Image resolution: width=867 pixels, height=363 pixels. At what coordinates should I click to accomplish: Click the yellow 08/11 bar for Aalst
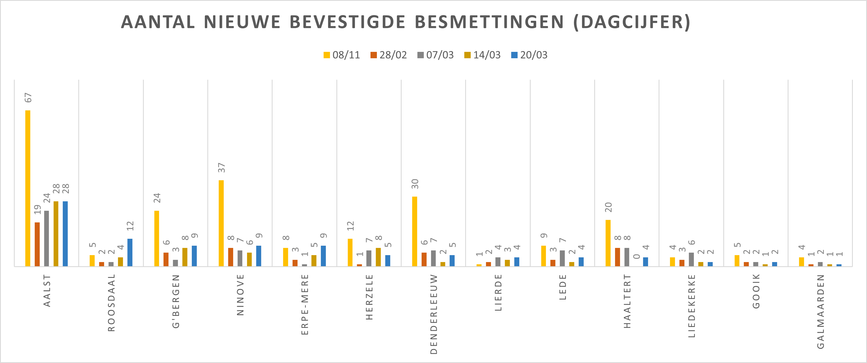tap(27, 188)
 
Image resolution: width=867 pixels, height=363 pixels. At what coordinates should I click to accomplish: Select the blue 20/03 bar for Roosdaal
tap(130, 252)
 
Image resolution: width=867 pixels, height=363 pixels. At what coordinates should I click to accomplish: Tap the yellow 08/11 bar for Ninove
tap(221, 223)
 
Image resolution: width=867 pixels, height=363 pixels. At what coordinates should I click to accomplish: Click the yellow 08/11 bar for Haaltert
tap(608, 243)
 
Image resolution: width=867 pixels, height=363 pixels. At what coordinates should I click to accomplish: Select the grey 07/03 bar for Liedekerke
tap(691, 259)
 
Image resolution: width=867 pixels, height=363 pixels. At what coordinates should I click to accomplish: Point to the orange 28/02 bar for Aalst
tap(37, 244)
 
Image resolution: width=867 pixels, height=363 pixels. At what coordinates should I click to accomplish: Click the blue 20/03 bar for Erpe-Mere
tap(323, 256)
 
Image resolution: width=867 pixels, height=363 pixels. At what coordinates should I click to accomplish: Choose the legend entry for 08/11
tap(342, 55)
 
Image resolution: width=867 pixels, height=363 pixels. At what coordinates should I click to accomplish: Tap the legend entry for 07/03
tap(435, 55)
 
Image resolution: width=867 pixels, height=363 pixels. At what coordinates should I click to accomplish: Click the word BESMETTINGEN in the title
tap(489, 22)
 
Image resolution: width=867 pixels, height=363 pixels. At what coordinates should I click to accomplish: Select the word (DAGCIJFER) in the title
tap(632, 22)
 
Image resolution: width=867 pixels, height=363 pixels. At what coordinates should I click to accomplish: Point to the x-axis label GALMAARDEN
tap(821, 311)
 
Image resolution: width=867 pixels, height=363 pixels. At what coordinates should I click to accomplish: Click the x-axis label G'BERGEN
tap(176, 301)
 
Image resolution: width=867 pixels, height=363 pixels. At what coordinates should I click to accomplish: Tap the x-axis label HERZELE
tap(370, 297)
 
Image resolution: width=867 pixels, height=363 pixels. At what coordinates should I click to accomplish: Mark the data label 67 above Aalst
tap(28, 98)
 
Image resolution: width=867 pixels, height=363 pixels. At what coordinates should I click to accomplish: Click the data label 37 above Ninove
tap(221, 167)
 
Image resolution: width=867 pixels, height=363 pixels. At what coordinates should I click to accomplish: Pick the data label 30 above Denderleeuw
tap(415, 184)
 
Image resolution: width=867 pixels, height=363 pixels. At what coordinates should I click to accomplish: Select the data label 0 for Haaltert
tap(636, 256)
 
